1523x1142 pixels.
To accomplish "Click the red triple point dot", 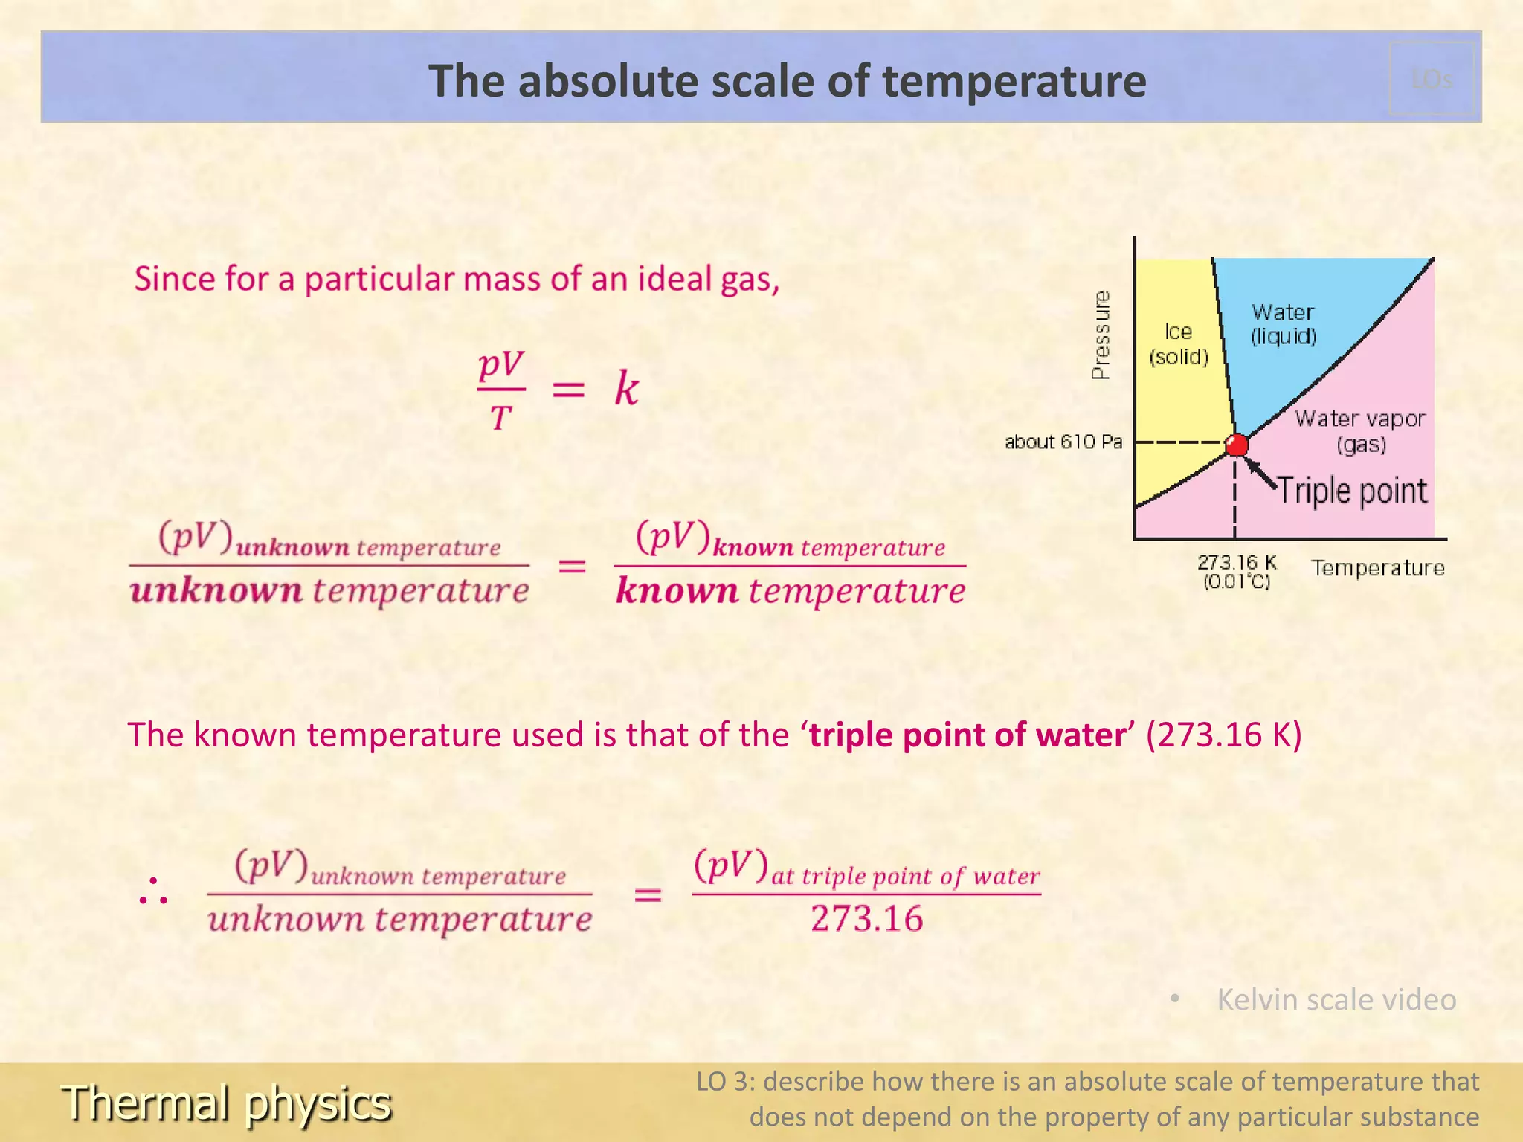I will coord(1236,445).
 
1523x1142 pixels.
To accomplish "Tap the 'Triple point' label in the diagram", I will coord(1352,491).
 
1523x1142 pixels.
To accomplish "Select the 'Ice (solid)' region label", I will coord(1179,343).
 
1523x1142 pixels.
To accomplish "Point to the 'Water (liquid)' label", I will coord(1284,324).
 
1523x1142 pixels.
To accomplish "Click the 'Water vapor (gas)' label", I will coord(1360,431).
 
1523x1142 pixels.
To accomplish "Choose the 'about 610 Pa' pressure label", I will coord(1063,442).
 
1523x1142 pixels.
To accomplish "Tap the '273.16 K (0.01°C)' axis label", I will coord(1237,572).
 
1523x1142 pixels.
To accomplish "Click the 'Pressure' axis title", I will coord(1101,335).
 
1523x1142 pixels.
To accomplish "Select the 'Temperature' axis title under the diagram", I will coord(1378,568).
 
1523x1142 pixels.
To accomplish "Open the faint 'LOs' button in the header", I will coord(1432,79).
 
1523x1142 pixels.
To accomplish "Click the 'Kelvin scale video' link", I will coord(1336,999).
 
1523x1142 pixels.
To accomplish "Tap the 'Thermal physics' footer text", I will coord(227,1103).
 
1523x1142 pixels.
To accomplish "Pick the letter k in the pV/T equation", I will coord(626,388).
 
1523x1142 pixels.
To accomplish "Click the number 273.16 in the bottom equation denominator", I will coord(867,919).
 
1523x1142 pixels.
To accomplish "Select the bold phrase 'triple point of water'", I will coord(967,735).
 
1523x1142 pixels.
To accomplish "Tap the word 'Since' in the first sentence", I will coord(175,279).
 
